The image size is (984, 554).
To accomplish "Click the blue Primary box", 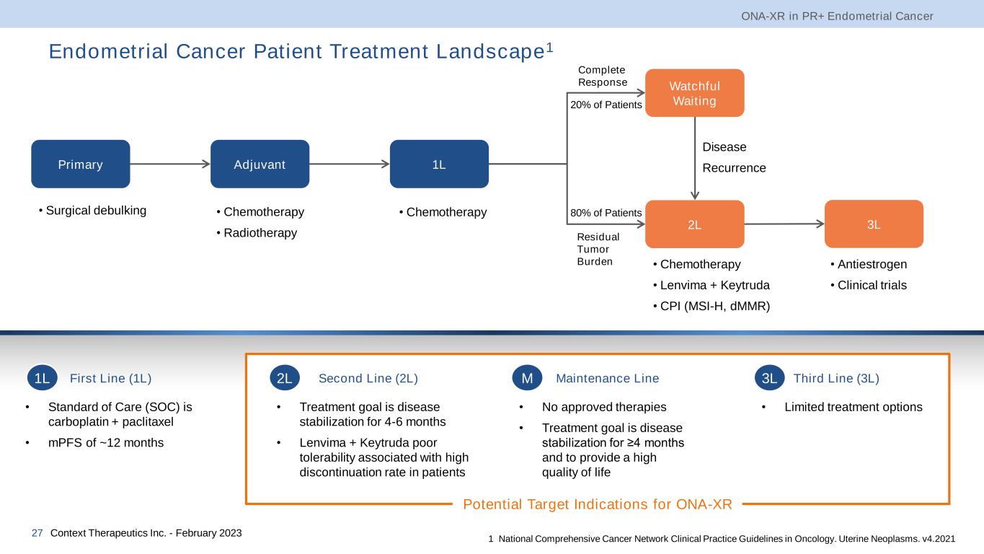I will point(80,164).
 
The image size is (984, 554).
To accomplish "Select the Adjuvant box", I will point(260,164).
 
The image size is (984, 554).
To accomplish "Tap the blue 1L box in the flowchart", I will point(438,164).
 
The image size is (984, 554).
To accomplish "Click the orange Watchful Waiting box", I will point(694,92).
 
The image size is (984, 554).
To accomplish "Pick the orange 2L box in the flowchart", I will point(694,224).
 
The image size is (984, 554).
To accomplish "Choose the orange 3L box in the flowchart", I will point(874,224).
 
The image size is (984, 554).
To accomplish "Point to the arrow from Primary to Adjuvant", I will point(170,164).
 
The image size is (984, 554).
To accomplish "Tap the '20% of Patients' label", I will point(606,105).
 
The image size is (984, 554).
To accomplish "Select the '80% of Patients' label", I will point(606,213).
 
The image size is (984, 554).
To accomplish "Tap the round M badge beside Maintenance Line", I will point(527,378).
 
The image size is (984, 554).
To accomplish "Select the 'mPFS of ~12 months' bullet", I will point(106,443).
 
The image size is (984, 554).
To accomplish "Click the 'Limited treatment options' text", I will point(853,407).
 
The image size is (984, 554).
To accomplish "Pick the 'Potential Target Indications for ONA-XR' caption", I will point(597,504).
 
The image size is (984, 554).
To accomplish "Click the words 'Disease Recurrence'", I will point(734,157).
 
